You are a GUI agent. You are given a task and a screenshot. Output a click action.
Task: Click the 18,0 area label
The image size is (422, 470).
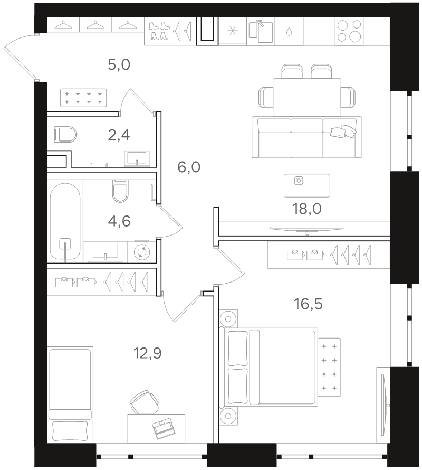click(307, 209)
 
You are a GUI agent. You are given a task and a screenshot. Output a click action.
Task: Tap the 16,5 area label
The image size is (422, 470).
click(308, 304)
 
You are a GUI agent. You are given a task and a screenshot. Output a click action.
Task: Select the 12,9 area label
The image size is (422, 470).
click(148, 353)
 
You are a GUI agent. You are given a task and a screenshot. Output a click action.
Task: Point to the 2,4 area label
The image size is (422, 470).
click(119, 135)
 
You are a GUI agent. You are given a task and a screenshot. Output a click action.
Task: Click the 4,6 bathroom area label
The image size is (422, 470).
click(119, 221)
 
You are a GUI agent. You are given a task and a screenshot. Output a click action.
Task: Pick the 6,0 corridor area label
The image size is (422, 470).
click(189, 167)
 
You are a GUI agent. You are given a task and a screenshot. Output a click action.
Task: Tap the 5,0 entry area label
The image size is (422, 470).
click(119, 64)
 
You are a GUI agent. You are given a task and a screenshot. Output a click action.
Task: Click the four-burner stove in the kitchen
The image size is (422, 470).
click(349, 31)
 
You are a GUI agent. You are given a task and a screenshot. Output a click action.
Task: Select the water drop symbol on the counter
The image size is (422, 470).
click(289, 32)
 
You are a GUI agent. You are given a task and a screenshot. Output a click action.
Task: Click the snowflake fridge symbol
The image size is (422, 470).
click(233, 31)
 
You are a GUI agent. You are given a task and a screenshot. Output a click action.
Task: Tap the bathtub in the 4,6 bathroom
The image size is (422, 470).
click(65, 221)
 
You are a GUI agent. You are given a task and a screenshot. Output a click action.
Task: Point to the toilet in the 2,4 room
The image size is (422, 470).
click(65, 135)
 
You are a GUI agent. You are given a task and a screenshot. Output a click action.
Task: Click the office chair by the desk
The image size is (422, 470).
click(145, 402)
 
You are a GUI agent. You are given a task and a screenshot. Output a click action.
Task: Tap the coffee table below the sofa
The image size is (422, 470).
click(307, 185)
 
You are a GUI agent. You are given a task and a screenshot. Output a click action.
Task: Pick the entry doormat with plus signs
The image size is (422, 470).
click(83, 98)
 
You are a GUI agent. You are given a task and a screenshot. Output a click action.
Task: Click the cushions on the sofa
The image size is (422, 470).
click(343, 131)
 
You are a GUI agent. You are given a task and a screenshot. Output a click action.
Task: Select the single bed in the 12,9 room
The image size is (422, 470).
click(70, 395)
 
